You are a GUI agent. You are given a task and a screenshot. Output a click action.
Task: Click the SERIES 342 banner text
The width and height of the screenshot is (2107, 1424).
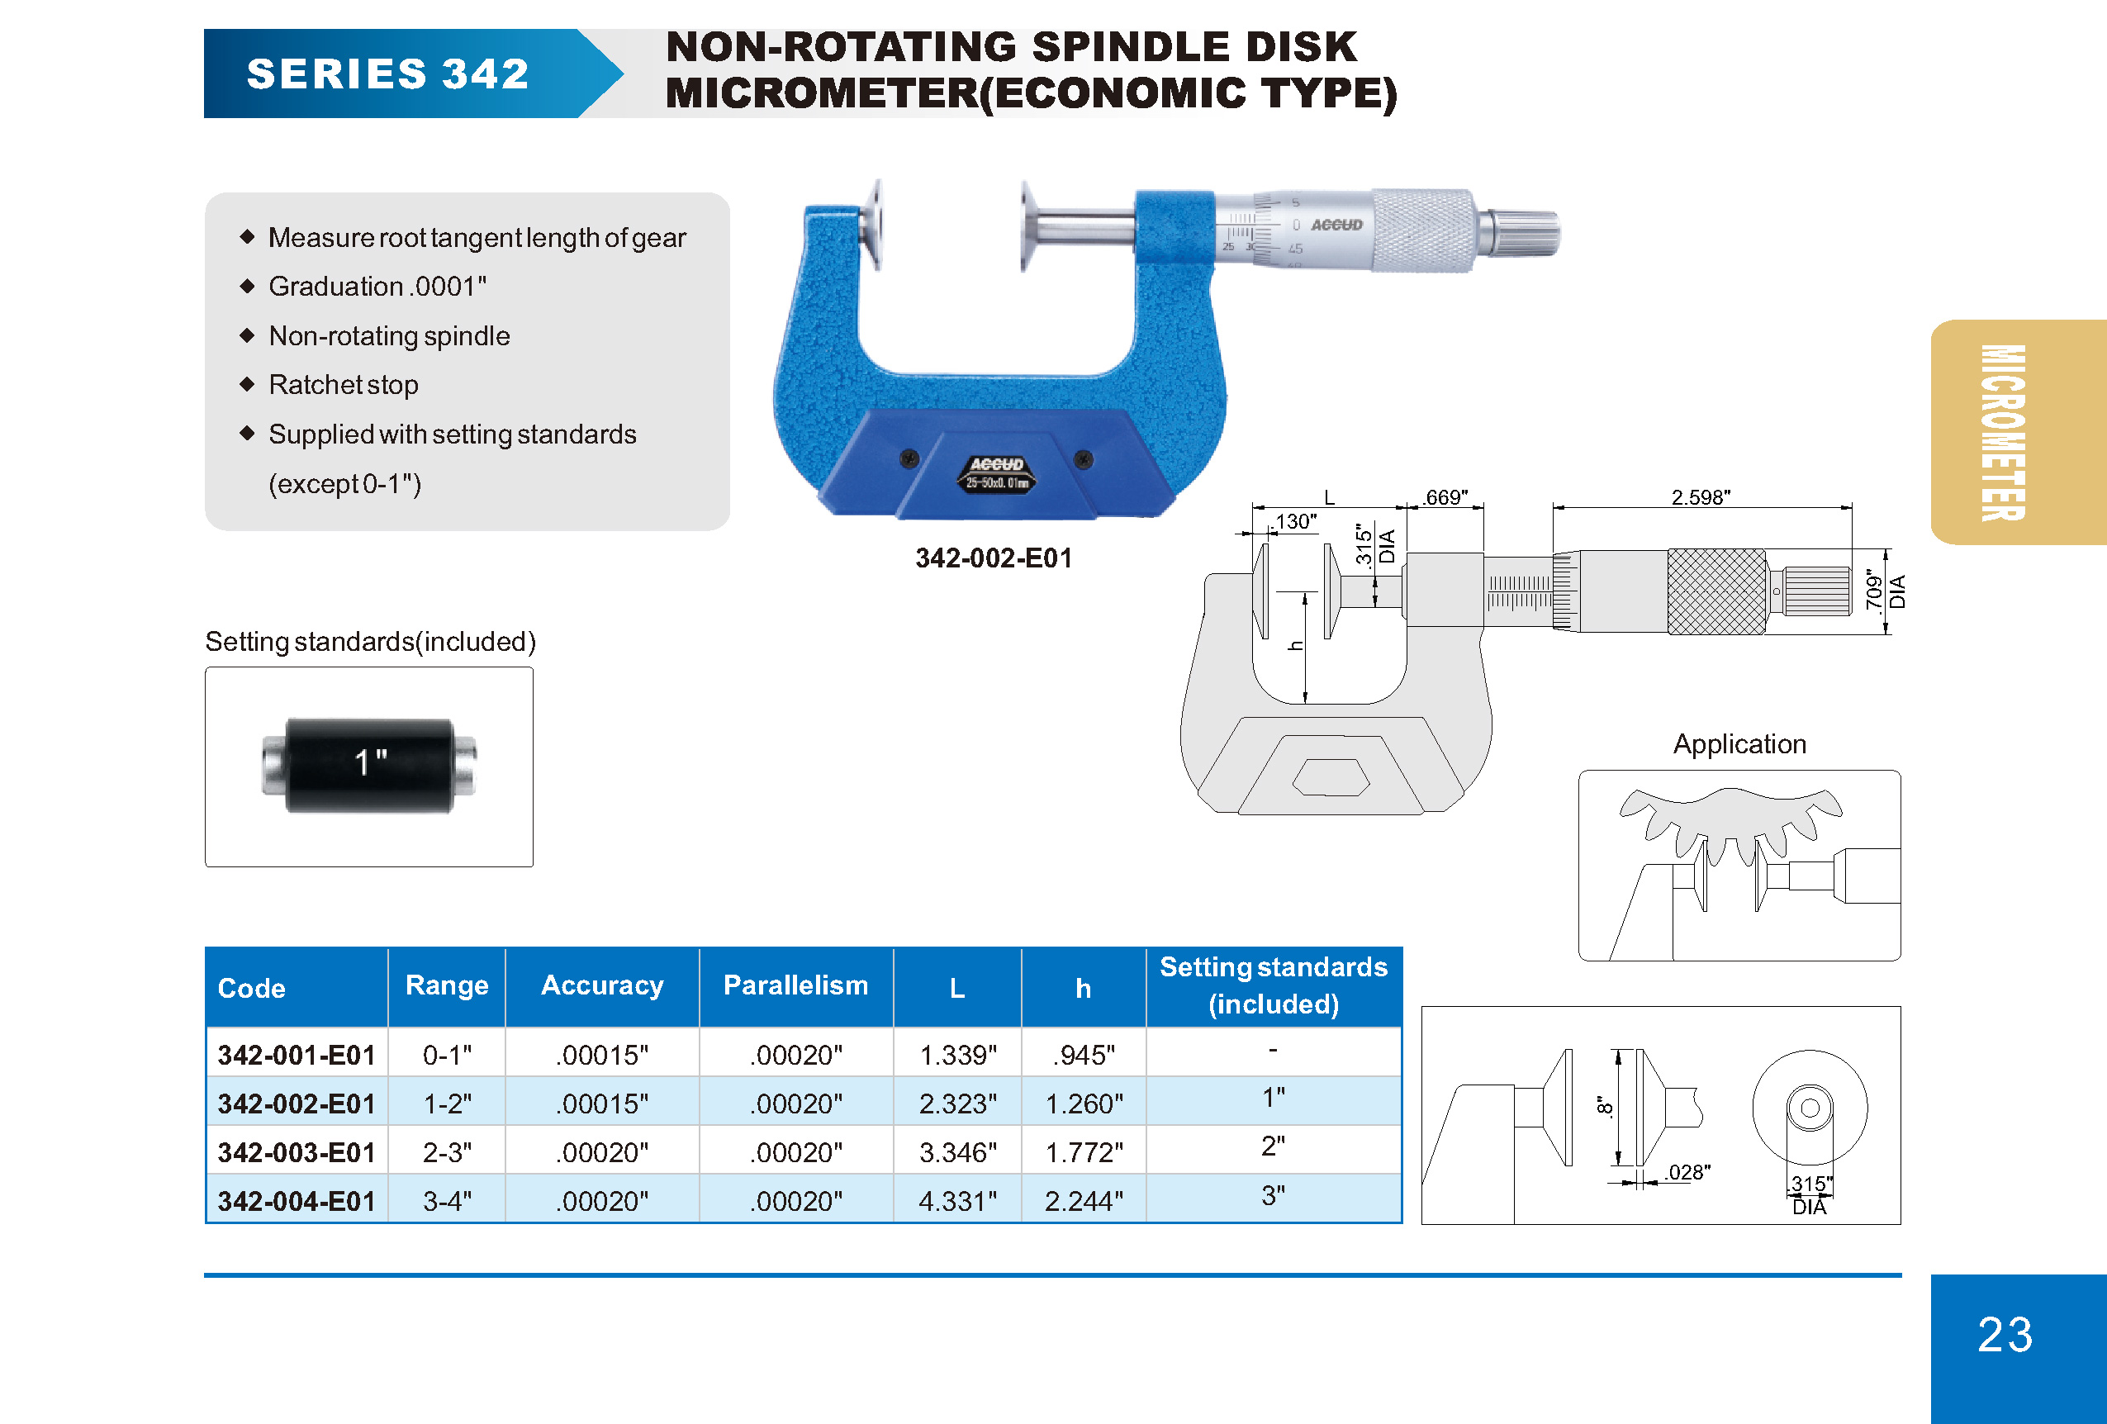pyautogui.click(x=387, y=74)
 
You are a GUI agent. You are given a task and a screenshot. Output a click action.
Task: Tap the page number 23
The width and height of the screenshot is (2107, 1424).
pyautogui.click(x=2005, y=1334)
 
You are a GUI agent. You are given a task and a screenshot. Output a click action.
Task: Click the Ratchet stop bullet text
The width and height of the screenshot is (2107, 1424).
pyautogui.click(x=343, y=384)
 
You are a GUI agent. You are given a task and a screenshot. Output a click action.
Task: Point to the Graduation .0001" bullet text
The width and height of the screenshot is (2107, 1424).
pyautogui.click(x=377, y=287)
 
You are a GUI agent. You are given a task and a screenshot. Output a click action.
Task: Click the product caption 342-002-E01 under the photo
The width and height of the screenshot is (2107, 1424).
pyautogui.click(x=993, y=558)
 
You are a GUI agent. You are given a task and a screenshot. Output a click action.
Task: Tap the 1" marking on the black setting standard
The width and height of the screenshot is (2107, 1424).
pyautogui.click(x=370, y=762)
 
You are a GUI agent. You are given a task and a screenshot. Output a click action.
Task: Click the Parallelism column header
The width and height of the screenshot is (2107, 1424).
pyautogui.click(x=795, y=985)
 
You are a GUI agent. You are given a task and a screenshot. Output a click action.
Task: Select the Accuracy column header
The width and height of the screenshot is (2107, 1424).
pyautogui.click(x=602, y=985)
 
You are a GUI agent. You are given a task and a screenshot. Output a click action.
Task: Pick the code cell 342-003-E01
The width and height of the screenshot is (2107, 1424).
pyautogui.click(x=297, y=1152)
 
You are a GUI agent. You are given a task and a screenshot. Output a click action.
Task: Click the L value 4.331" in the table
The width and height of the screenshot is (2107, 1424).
pyautogui.click(x=957, y=1201)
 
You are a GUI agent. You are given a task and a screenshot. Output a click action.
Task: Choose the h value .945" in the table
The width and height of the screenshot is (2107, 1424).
pyautogui.click(x=1084, y=1055)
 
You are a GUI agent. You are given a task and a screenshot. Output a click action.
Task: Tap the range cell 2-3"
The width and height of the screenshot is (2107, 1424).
pyautogui.click(x=447, y=1152)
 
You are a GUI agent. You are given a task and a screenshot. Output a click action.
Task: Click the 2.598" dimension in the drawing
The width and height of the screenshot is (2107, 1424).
pyautogui.click(x=1700, y=496)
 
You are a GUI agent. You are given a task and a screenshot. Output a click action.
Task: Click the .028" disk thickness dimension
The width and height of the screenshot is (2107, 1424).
pyautogui.click(x=1687, y=1172)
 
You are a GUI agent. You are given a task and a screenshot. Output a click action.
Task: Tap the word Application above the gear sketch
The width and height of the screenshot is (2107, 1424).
pyautogui.click(x=1739, y=743)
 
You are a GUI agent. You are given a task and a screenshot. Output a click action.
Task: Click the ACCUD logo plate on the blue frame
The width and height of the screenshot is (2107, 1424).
pyautogui.click(x=996, y=473)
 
